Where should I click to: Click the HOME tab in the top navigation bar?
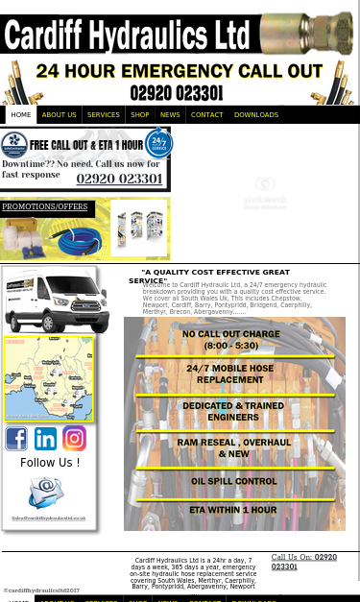click(21, 115)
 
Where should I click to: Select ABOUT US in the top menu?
click(60, 115)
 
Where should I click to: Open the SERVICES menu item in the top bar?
click(104, 115)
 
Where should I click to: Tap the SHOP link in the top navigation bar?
click(140, 115)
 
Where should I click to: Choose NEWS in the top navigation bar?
click(170, 115)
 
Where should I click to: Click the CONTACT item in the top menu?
click(206, 115)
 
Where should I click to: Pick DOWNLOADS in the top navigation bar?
click(256, 115)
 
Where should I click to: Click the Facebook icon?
click(16, 438)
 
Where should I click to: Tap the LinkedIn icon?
click(45, 438)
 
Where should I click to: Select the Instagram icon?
click(74, 438)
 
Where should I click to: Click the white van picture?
click(56, 300)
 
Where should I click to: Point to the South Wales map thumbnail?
click(48, 378)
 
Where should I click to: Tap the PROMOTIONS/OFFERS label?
click(45, 206)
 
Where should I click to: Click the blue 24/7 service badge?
click(158, 144)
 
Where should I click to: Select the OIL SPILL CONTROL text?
click(234, 481)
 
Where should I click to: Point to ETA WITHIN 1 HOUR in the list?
click(232, 510)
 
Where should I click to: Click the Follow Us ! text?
click(50, 463)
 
